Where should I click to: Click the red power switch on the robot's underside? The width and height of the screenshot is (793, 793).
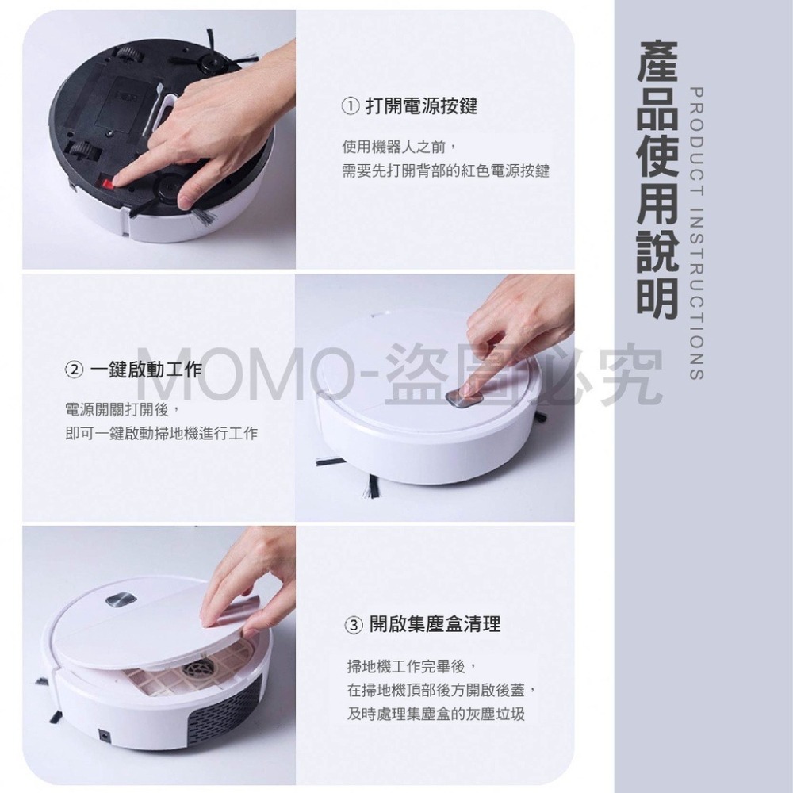click(x=108, y=180)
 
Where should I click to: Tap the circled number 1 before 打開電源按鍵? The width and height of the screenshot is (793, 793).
click(x=351, y=107)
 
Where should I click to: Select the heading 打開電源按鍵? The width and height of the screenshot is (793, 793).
click(x=421, y=106)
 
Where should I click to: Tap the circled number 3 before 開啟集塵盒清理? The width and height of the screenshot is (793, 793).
click(x=354, y=625)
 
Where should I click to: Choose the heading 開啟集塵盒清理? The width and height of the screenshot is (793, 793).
click(x=435, y=625)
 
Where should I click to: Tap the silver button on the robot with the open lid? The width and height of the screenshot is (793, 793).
click(x=121, y=600)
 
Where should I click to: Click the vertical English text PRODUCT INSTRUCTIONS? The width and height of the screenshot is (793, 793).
click(x=696, y=233)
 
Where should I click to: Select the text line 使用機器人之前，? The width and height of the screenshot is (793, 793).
click(x=400, y=147)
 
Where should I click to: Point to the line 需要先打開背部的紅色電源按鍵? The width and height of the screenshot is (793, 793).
click(x=446, y=171)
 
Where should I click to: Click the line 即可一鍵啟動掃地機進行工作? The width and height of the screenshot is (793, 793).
click(x=161, y=434)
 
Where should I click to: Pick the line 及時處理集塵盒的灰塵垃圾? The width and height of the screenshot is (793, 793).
click(x=436, y=714)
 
